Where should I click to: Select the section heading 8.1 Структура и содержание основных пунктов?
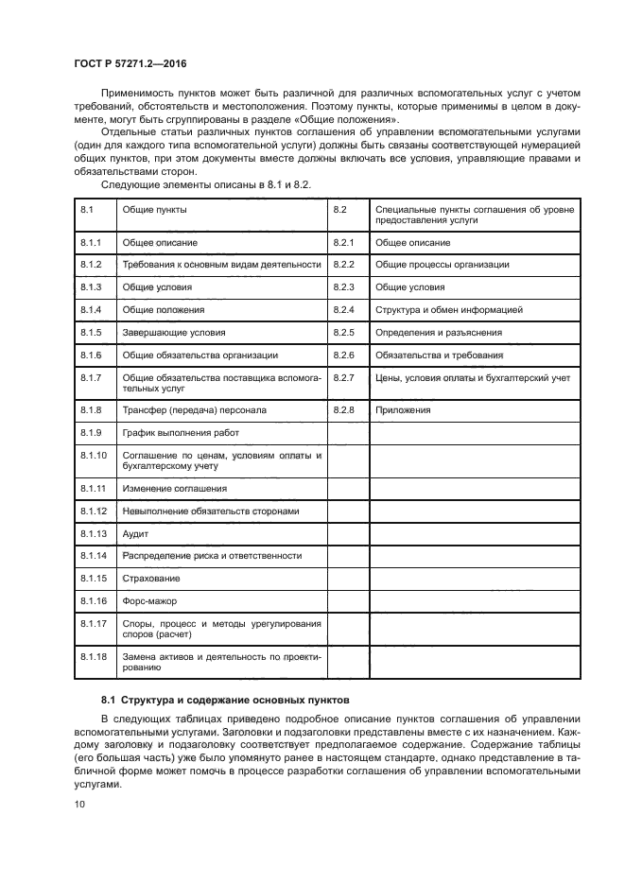(226, 701)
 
